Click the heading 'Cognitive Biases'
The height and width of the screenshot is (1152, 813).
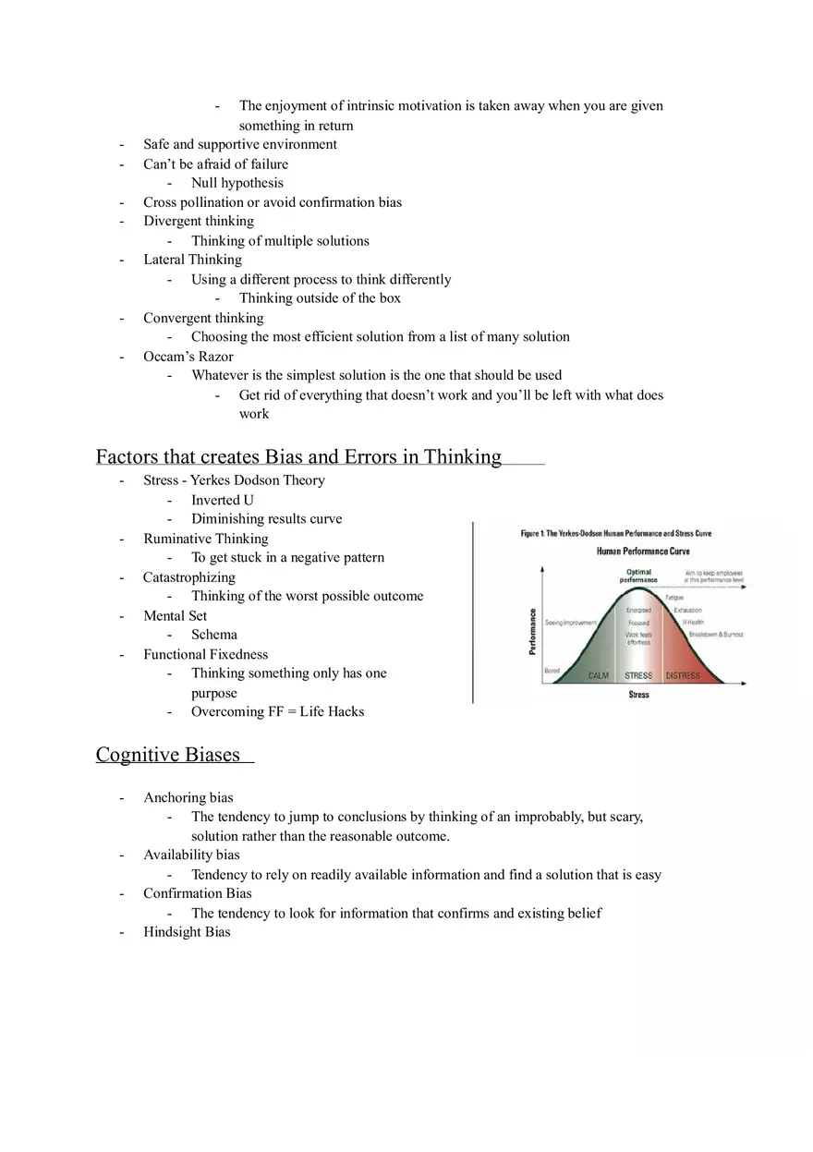pyautogui.click(x=167, y=755)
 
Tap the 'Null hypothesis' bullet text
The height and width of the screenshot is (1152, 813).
pyautogui.click(x=237, y=183)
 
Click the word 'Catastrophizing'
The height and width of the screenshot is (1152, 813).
pyautogui.click(x=188, y=577)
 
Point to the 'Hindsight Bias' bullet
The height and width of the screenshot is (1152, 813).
pyautogui.click(x=187, y=932)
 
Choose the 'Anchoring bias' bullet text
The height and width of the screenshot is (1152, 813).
pyautogui.click(x=188, y=797)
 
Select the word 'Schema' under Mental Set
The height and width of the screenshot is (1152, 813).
pyautogui.click(x=213, y=635)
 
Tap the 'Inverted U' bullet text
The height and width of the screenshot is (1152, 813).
pyautogui.click(x=222, y=500)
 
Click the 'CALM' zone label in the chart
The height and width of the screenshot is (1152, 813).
pyautogui.click(x=599, y=676)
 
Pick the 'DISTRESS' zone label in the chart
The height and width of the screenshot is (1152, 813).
pyautogui.click(x=683, y=676)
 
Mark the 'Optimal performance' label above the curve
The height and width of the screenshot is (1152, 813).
pyautogui.click(x=638, y=576)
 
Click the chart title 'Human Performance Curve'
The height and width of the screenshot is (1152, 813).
pyautogui.click(x=642, y=552)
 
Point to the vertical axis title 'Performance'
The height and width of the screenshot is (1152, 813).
pyautogui.click(x=532, y=631)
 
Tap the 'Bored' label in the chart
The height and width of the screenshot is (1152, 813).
pyautogui.click(x=552, y=671)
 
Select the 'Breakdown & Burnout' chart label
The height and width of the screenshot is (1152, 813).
pyautogui.click(x=716, y=635)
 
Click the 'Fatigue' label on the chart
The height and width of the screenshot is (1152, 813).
pyautogui.click(x=674, y=598)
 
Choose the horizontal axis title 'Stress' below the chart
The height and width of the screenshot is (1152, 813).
pyautogui.click(x=638, y=695)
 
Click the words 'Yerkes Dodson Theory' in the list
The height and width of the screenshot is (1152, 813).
pyautogui.click(x=258, y=480)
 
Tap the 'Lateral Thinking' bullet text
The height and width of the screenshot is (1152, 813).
pyautogui.click(x=192, y=260)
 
